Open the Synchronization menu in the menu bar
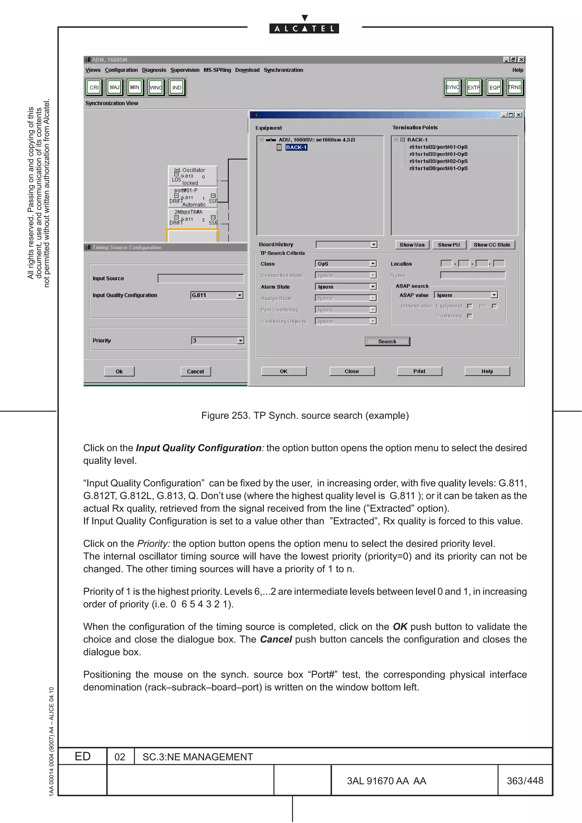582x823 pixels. [x=283, y=70]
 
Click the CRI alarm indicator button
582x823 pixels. [x=94, y=87]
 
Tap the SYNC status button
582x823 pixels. [x=452, y=87]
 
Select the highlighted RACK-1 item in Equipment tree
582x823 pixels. [x=296, y=147]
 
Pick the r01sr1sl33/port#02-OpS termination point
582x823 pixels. [x=438, y=161]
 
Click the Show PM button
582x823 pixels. [x=449, y=245]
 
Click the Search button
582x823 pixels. [x=387, y=341]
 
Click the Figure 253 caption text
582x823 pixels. [x=305, y=415]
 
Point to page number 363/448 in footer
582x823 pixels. [x=525, y=781]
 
